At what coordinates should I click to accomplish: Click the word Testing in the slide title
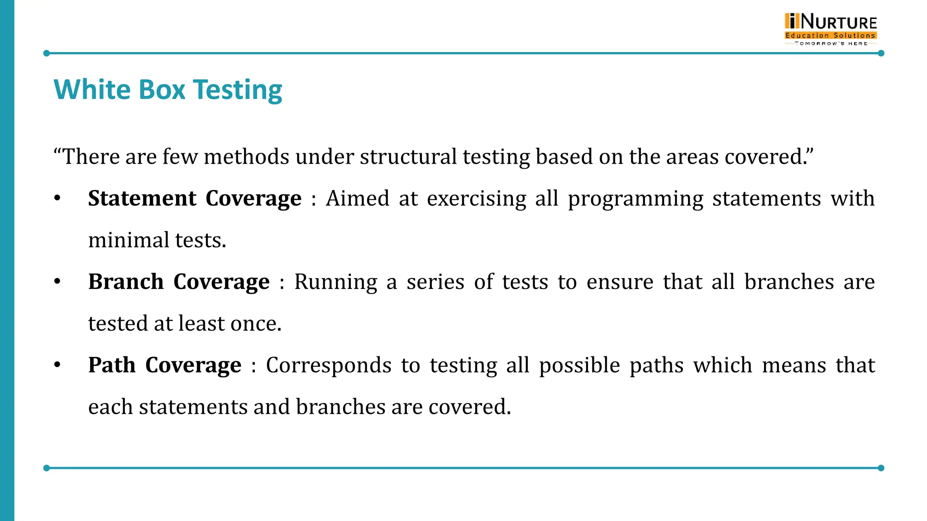[238, 90]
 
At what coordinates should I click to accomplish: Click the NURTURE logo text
[838, 22]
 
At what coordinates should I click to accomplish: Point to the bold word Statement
[142, 199]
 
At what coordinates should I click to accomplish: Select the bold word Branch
[126, 282]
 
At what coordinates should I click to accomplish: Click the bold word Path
[112, 365]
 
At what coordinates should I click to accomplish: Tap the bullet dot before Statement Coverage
[57, 199]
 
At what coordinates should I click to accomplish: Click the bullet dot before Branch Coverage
[57, 282]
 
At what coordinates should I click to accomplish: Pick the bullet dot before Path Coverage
[57, 365]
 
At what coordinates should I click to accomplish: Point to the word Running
[335, 282]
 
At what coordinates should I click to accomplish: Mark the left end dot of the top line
[46, 53]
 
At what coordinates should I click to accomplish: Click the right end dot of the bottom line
[881, 468]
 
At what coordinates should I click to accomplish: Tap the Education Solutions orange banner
[831, 35]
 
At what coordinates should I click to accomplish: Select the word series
[435, 282]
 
